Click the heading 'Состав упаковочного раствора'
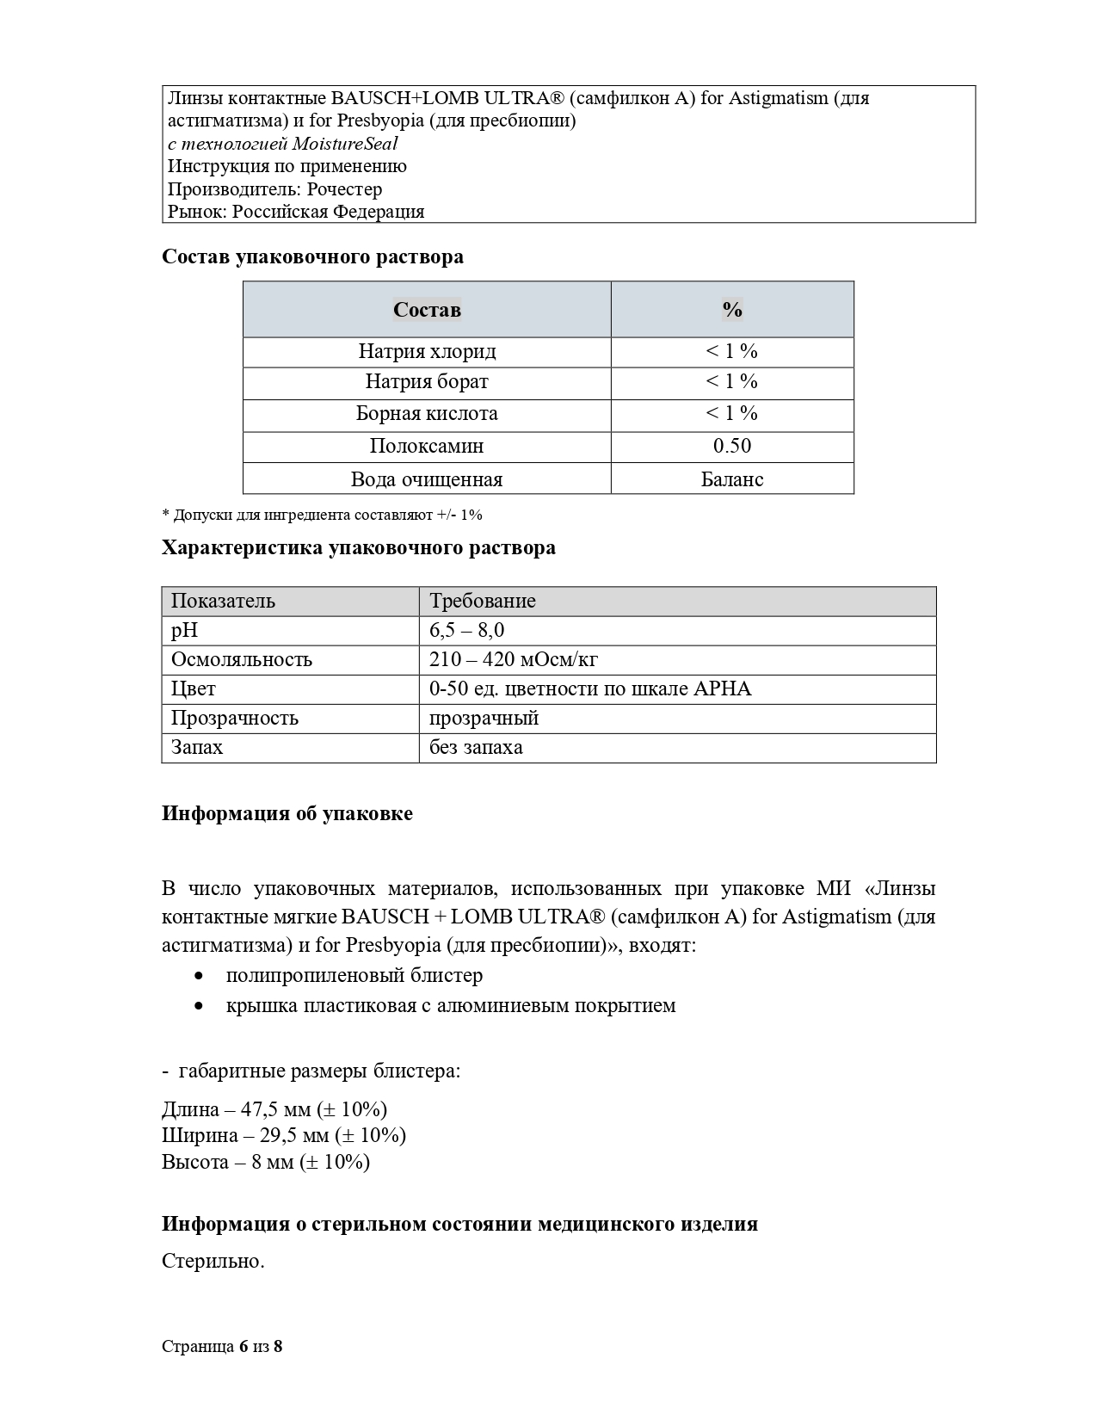312,256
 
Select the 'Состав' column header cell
427,310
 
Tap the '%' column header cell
732,310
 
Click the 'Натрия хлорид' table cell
427,351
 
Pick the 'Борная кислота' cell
427,413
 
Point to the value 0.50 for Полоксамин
732,446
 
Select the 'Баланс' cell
732,479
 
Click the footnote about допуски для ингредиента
322,515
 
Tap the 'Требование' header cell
483,601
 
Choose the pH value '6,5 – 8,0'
467,630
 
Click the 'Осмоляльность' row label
242,659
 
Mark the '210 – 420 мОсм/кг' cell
514,659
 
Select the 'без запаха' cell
476,747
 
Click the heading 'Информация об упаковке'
287,813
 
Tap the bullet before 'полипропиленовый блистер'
200,976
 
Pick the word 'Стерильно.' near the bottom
213,1261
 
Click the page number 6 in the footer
243,1346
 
